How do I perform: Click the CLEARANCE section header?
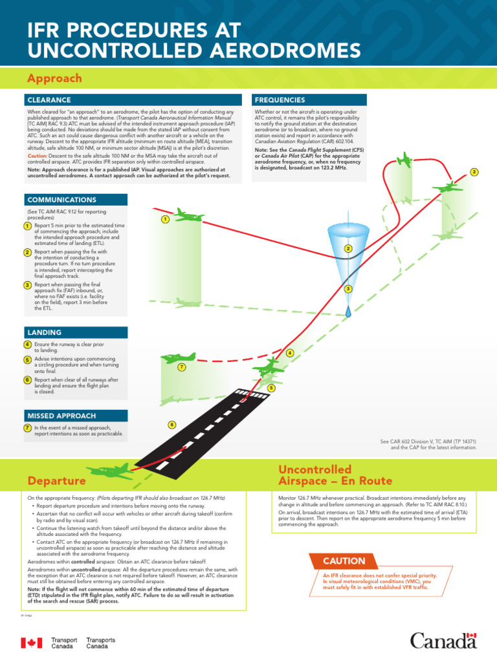pyautogui.click(x=49, y=100)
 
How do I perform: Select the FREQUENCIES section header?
pyautogui.click(x=280, y=100)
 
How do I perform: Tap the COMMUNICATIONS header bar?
pyautogui.click(x=61, y=200)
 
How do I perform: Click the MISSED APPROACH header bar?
pyautogui.click(x=61, y=416)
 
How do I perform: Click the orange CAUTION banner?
pyautogui.click(x=344, y=561)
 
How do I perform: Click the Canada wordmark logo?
pyautogui.click(x=443, y=641)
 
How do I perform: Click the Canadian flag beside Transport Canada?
pyautogui.click(x=32, y=643)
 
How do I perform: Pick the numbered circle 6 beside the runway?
pyautogui.click(x=172, y=425)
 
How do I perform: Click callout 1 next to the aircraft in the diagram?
pyautogui.click(x=165, y=220)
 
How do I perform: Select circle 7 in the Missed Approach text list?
pyautogui.click(x=27, y=428)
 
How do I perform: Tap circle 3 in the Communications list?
pyautogui.click(x=27, y=285)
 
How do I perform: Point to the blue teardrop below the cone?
pyautogui.click(x=348, y=311)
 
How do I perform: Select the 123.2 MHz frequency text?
pyautogui.click(x=331, y=167)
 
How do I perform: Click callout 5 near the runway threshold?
pyautogui.click(x=271, y=388)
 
